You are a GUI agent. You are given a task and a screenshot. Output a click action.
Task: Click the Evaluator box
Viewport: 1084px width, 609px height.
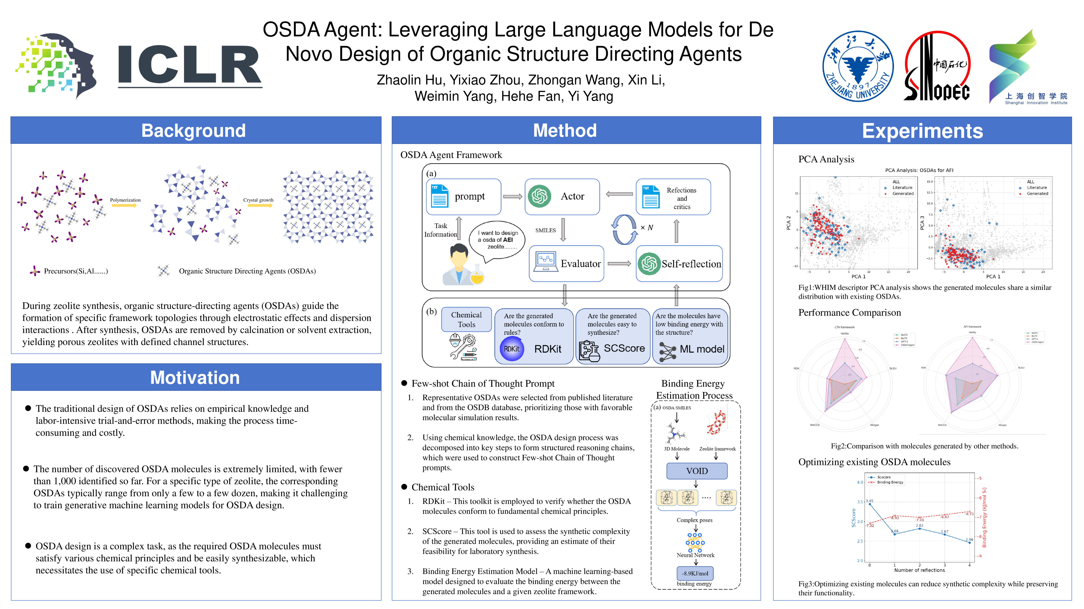[566, 264]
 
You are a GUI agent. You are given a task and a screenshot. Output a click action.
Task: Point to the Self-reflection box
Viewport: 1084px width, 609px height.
[679, 264]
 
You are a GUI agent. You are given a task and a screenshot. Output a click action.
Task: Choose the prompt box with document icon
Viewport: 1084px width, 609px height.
[463, 196]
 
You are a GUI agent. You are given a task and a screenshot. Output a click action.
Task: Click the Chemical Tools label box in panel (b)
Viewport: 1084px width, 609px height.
[466, 319]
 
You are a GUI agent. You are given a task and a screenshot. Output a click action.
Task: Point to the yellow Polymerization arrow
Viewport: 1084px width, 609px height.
[125, 205]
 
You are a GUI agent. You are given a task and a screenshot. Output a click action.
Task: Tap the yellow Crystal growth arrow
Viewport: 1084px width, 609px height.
[260, 205]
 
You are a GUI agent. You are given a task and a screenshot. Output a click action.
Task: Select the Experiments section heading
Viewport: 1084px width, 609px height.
[922, 131]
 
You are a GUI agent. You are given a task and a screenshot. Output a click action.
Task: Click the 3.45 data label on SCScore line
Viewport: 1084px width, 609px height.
[869, 501]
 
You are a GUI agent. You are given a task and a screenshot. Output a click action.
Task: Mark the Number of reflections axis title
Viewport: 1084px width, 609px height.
[919, 570]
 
